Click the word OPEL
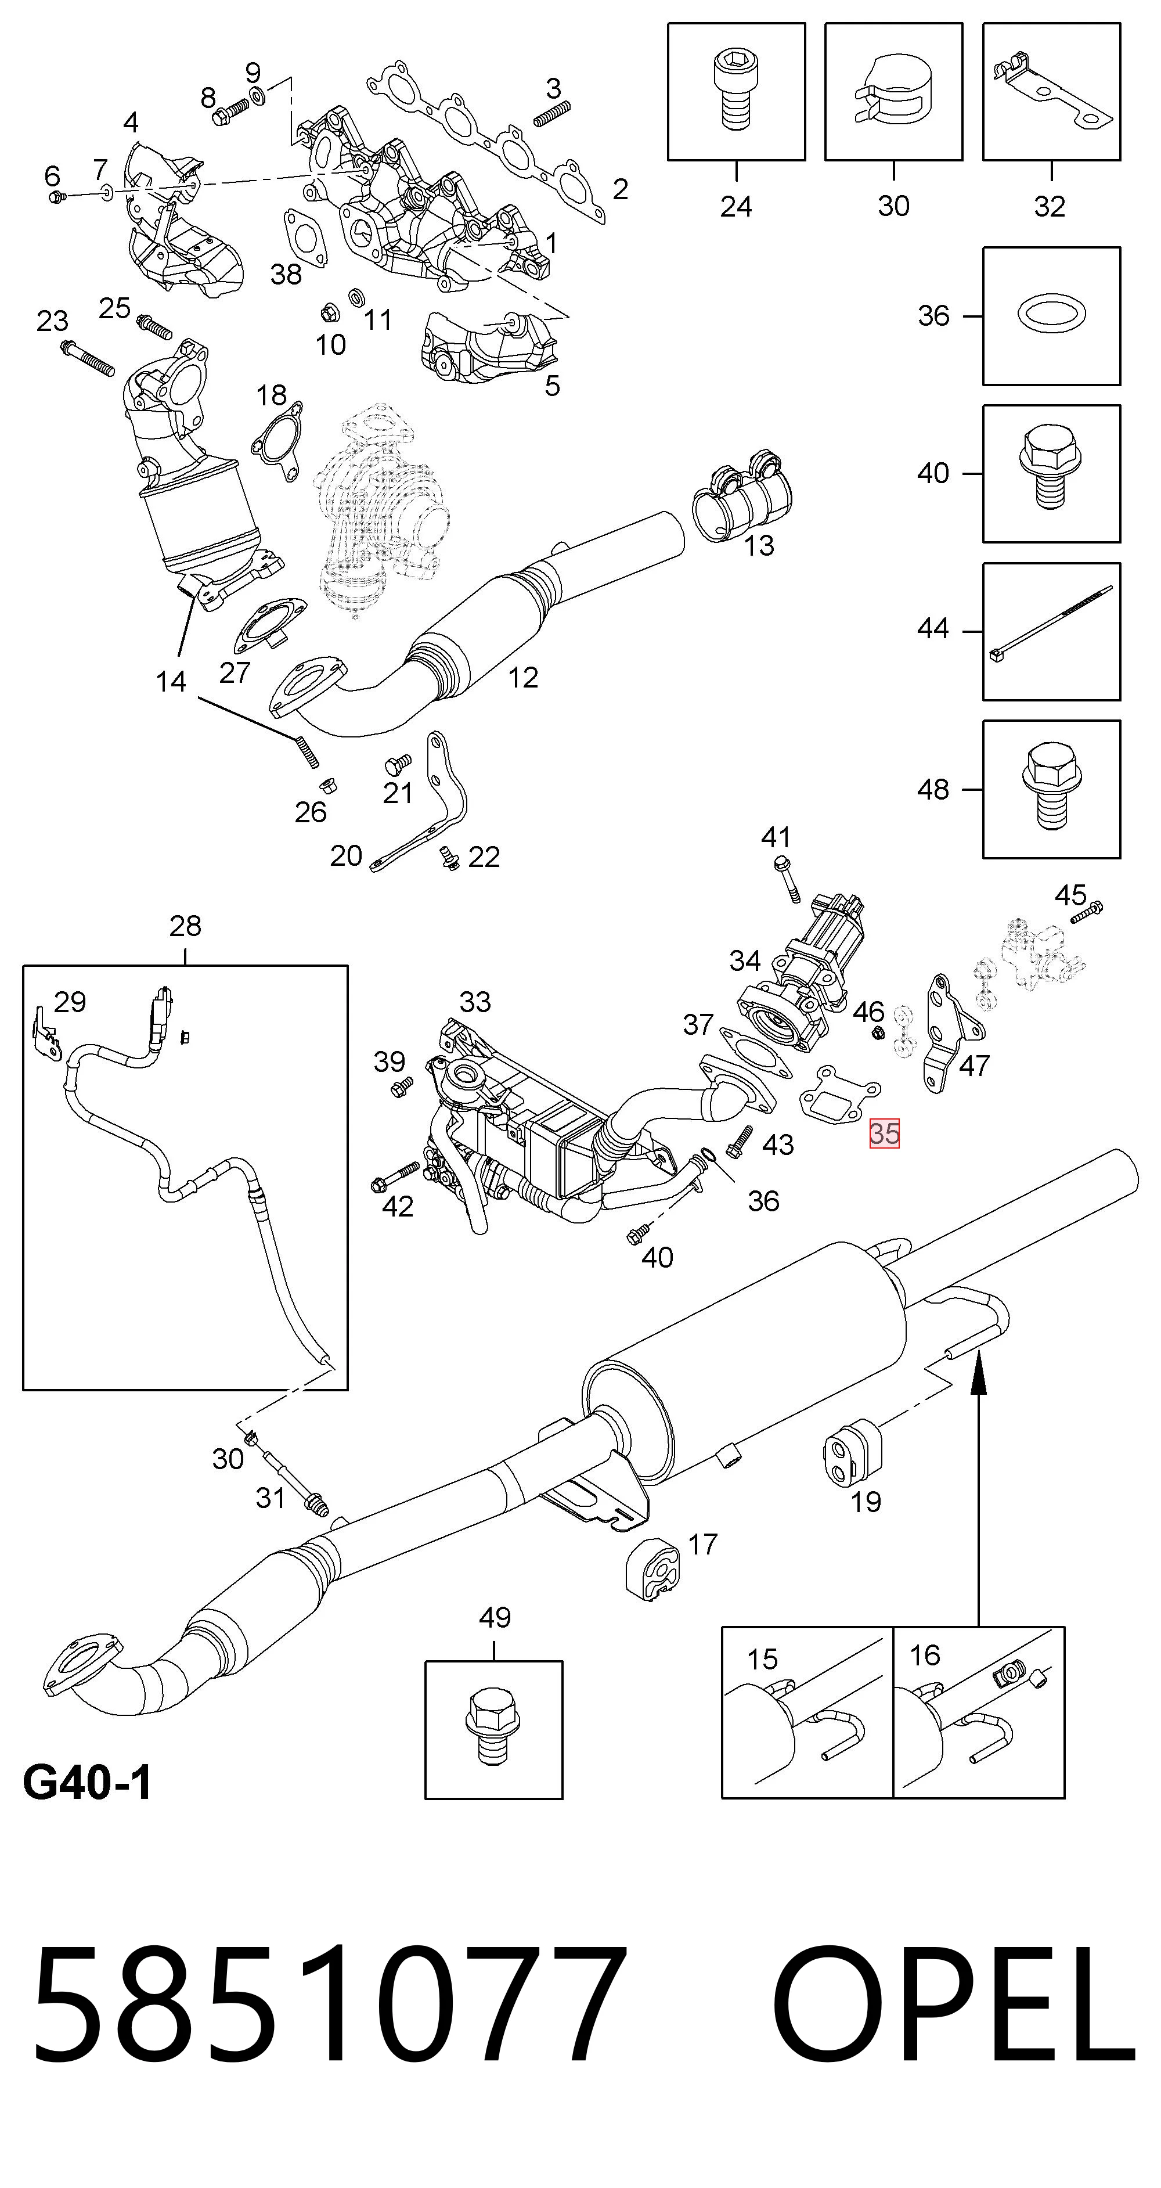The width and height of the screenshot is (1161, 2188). pos(953,2011)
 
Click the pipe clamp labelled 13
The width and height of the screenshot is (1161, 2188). pos(741,501)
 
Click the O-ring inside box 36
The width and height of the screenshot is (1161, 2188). pos(1051,316)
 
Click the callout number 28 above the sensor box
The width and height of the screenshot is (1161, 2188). pos(185,926)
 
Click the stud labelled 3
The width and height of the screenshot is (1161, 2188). pos(551,114)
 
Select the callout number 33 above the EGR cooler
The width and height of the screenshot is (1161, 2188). pos(475,1002)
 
